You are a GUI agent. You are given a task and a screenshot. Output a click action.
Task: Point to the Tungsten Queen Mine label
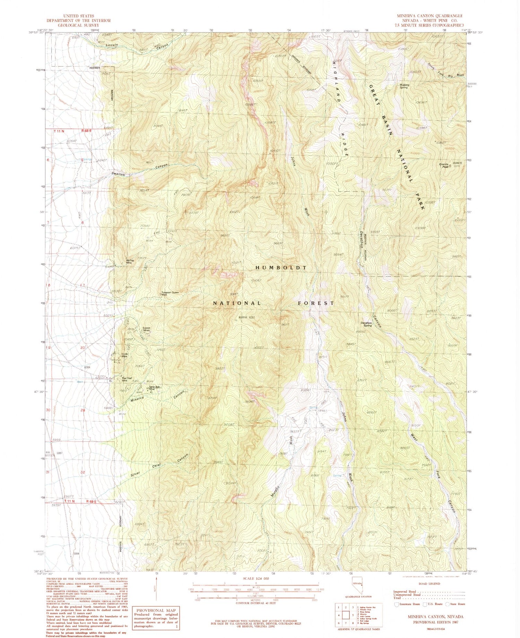[x=170, y=294]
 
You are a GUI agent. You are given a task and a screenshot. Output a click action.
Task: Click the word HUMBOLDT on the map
[x=281, y=268]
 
